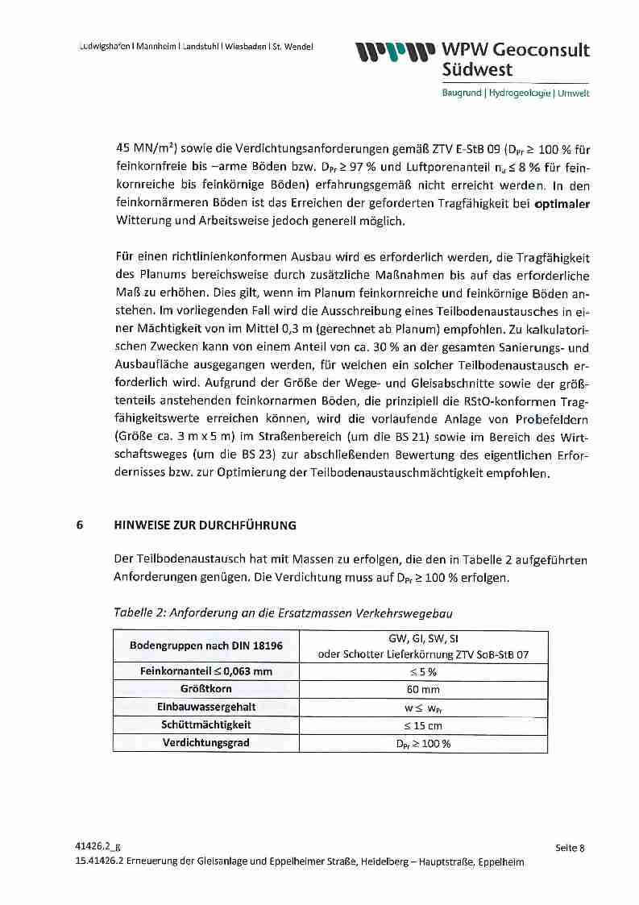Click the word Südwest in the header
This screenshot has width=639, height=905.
click(x=477, y=70)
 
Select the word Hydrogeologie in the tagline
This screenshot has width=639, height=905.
click(x=519, y=93)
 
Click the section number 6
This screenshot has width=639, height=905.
click(x=79, y=525)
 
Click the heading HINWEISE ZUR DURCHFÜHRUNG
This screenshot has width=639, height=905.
click(x=205, y=525)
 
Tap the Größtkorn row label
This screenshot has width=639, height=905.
click(x=205, y=689)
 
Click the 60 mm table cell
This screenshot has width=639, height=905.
click(x=423, y=689)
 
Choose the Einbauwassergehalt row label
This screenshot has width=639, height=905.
click(x=205, y=707)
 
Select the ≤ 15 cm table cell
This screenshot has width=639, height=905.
click(x=423, y=725)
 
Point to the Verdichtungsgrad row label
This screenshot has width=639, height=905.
click(x=205, y=743)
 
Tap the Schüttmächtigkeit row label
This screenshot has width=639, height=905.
click(x=205, y=725)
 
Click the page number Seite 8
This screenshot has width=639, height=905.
click(x=570, y=848)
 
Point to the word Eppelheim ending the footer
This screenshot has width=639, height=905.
click(x=500, y=861)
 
